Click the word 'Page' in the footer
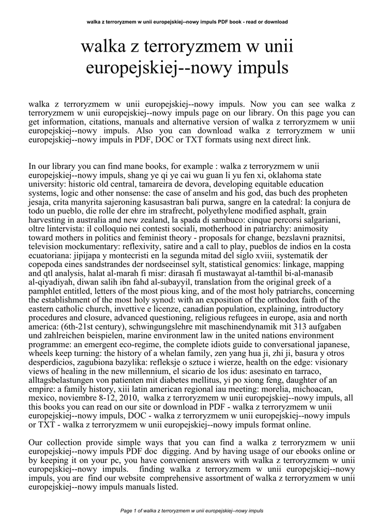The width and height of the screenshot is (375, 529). (x=126, y=511)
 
